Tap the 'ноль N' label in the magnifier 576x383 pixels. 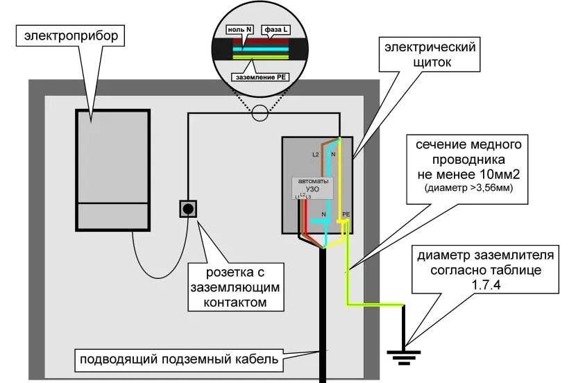tap(240, 31)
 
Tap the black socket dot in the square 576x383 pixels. tap(188, 208)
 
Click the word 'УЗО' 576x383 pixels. tap(312, 189)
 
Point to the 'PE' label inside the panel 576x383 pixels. tap(346, 215)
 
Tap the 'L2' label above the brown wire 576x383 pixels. tap(315, 154)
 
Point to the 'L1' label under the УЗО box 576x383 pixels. tap(296, 198)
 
